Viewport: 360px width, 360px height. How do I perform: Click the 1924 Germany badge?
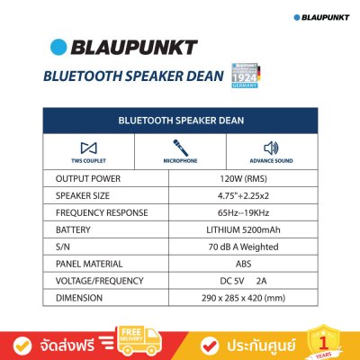(x=246, y=76)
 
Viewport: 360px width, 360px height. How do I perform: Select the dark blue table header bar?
(x=179, y=119)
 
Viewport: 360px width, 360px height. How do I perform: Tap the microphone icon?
(x=179, y=147)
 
